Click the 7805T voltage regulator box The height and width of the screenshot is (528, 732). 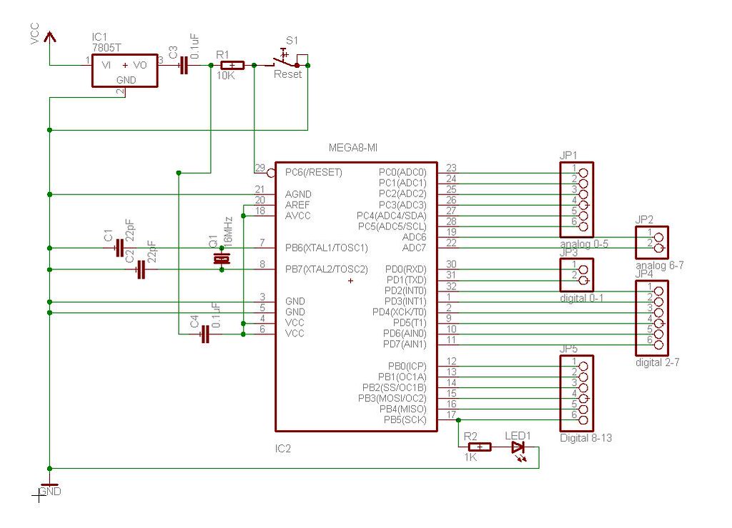[x=125, y=69]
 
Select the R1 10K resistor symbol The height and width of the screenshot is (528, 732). [x=232, y=65]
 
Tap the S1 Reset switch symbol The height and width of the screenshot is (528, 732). [x=286, y=64]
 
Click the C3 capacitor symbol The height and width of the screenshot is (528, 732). [x=184, y=65]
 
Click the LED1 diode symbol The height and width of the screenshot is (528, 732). [x=518, y=447]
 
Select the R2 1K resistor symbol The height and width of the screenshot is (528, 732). [x=479, y=447]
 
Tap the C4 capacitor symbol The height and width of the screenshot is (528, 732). [x=205, y=334]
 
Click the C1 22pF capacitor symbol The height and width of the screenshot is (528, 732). [x=119, y=248]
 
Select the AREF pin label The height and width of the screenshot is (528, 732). [x=297, y=205]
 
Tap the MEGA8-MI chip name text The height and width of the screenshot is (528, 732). [x=352, y=148]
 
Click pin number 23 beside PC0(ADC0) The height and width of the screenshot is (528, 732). [x=451, y=169]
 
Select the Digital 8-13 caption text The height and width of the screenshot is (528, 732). [x=585, y=438]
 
